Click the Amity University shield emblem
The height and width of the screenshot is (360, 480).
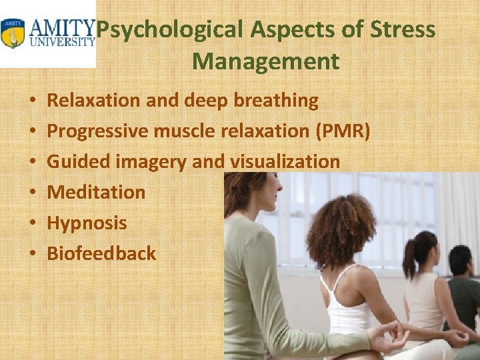(12, 33)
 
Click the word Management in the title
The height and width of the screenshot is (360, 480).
(266, 62)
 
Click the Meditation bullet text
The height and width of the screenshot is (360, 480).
(96, 192)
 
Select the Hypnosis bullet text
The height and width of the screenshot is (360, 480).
(87, 223)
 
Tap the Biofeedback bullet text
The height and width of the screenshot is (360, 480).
(101, 253)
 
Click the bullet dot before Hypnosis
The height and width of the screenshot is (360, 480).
(33, 223)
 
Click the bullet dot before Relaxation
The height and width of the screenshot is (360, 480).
(33, 101)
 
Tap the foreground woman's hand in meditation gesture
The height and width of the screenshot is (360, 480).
(393, 336)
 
